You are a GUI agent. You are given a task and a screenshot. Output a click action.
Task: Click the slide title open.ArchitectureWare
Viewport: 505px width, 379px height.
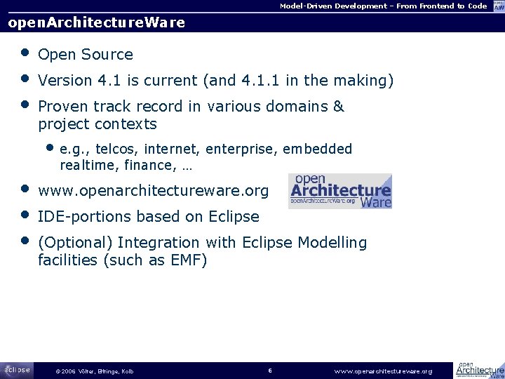96,22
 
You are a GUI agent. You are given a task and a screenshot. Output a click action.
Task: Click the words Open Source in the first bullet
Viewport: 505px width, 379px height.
86,55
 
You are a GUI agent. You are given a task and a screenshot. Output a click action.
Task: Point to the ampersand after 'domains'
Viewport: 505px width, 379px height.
339,107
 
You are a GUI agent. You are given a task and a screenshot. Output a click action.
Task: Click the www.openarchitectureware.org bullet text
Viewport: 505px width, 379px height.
153,191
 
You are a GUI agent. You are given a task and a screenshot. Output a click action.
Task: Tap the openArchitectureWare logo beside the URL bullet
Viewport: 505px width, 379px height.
340,191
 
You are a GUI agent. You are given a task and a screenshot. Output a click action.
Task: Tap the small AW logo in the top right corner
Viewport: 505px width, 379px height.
497,6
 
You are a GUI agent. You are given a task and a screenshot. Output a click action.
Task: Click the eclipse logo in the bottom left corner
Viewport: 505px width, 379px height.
17,370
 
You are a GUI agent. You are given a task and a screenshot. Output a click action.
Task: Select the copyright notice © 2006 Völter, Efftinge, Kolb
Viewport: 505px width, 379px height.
94,371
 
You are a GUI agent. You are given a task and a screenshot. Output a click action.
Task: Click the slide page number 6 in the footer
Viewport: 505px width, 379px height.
270,370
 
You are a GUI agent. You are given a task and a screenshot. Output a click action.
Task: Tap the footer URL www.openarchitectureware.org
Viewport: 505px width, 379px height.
383,371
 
